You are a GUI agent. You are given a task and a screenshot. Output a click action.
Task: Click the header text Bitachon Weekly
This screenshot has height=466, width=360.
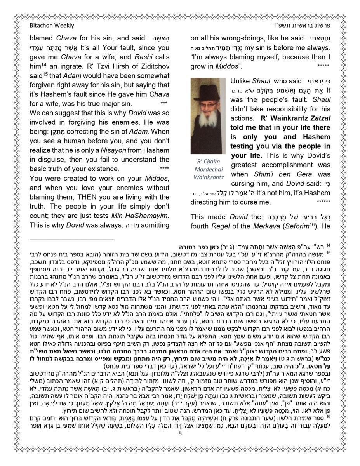point(52,26)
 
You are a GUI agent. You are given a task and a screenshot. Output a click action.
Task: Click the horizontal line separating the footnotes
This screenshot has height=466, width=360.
point(72,240)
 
